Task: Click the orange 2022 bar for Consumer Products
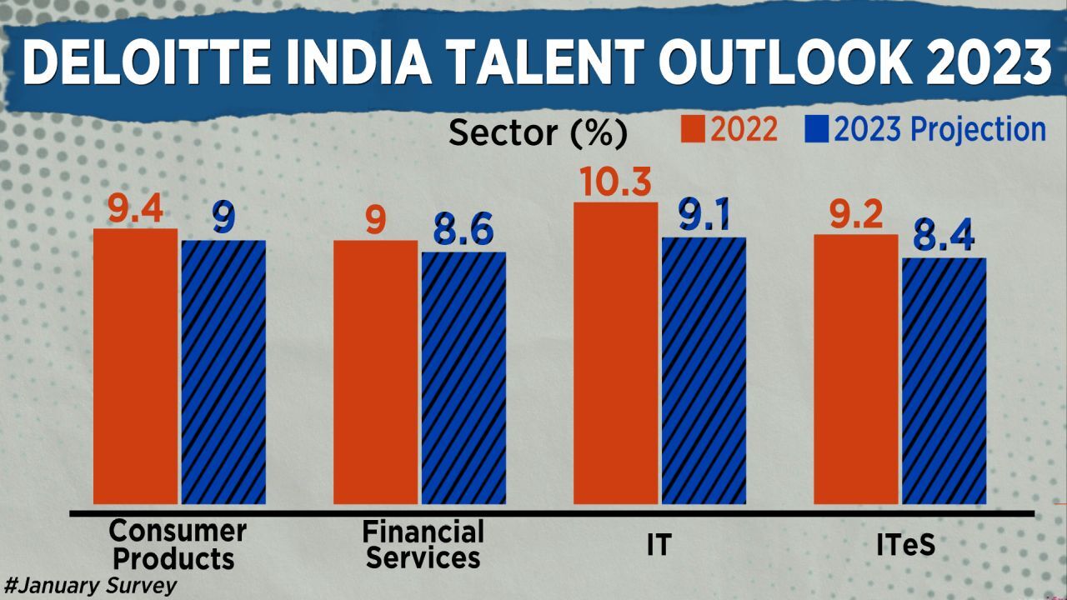pyautogui.click(x=135, y=367)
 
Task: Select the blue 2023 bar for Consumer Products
pyautogui.click(x=223, y=372)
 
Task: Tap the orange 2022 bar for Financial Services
pyautogui.click(x=375, y=372)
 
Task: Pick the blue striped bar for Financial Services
pyautogui.click(x=463, y=378)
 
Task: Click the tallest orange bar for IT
pyautogui.click(x=616, y=353)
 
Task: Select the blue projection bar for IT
pyautogui.click(x=704, y=371)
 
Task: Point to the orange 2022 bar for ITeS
pyautogui.click(x=856, y=369)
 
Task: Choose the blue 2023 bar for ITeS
pyautogui.click(x=944, y=381)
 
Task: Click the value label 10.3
pyautogui.click(x=616, y=182)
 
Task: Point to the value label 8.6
pyautogui.click(x=463, y=231)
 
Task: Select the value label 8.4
pyautogui.click(x=944, y=237)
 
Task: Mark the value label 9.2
pyautogui.click(x=856, y=216)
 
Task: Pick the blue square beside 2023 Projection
pyautogui.click(x=816, y=130)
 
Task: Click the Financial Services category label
pyautogui.click(x=423, y=544)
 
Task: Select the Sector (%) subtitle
pyautogui.click(x=537, y=132)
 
